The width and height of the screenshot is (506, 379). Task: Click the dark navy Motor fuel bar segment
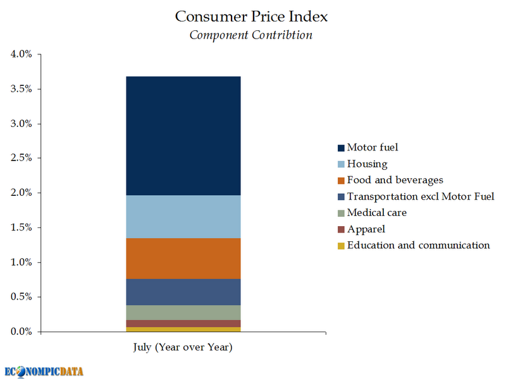(183, 136)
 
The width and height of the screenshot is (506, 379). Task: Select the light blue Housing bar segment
(183, 217)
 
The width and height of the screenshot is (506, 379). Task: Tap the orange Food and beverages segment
(183, 258)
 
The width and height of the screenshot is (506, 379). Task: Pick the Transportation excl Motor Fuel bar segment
(183, 292)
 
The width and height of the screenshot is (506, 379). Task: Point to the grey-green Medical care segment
(183, 313)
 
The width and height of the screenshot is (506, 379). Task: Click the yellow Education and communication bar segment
(183, 329)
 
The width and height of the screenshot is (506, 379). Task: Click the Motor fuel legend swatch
(342, 148)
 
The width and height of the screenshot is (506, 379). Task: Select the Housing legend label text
(367, 164)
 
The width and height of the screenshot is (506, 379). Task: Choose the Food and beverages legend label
(395, 180)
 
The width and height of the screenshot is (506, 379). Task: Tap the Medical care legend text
(377, 213)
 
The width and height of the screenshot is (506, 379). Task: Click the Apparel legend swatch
(342, 229)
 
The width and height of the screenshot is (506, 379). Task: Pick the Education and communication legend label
(419, 245)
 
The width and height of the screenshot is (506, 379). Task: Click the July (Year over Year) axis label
(183, 347)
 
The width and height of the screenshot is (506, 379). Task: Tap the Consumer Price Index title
(252, 16)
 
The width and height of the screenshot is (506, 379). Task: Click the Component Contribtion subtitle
(251, 35)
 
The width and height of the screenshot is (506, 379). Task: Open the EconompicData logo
(44, 371)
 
